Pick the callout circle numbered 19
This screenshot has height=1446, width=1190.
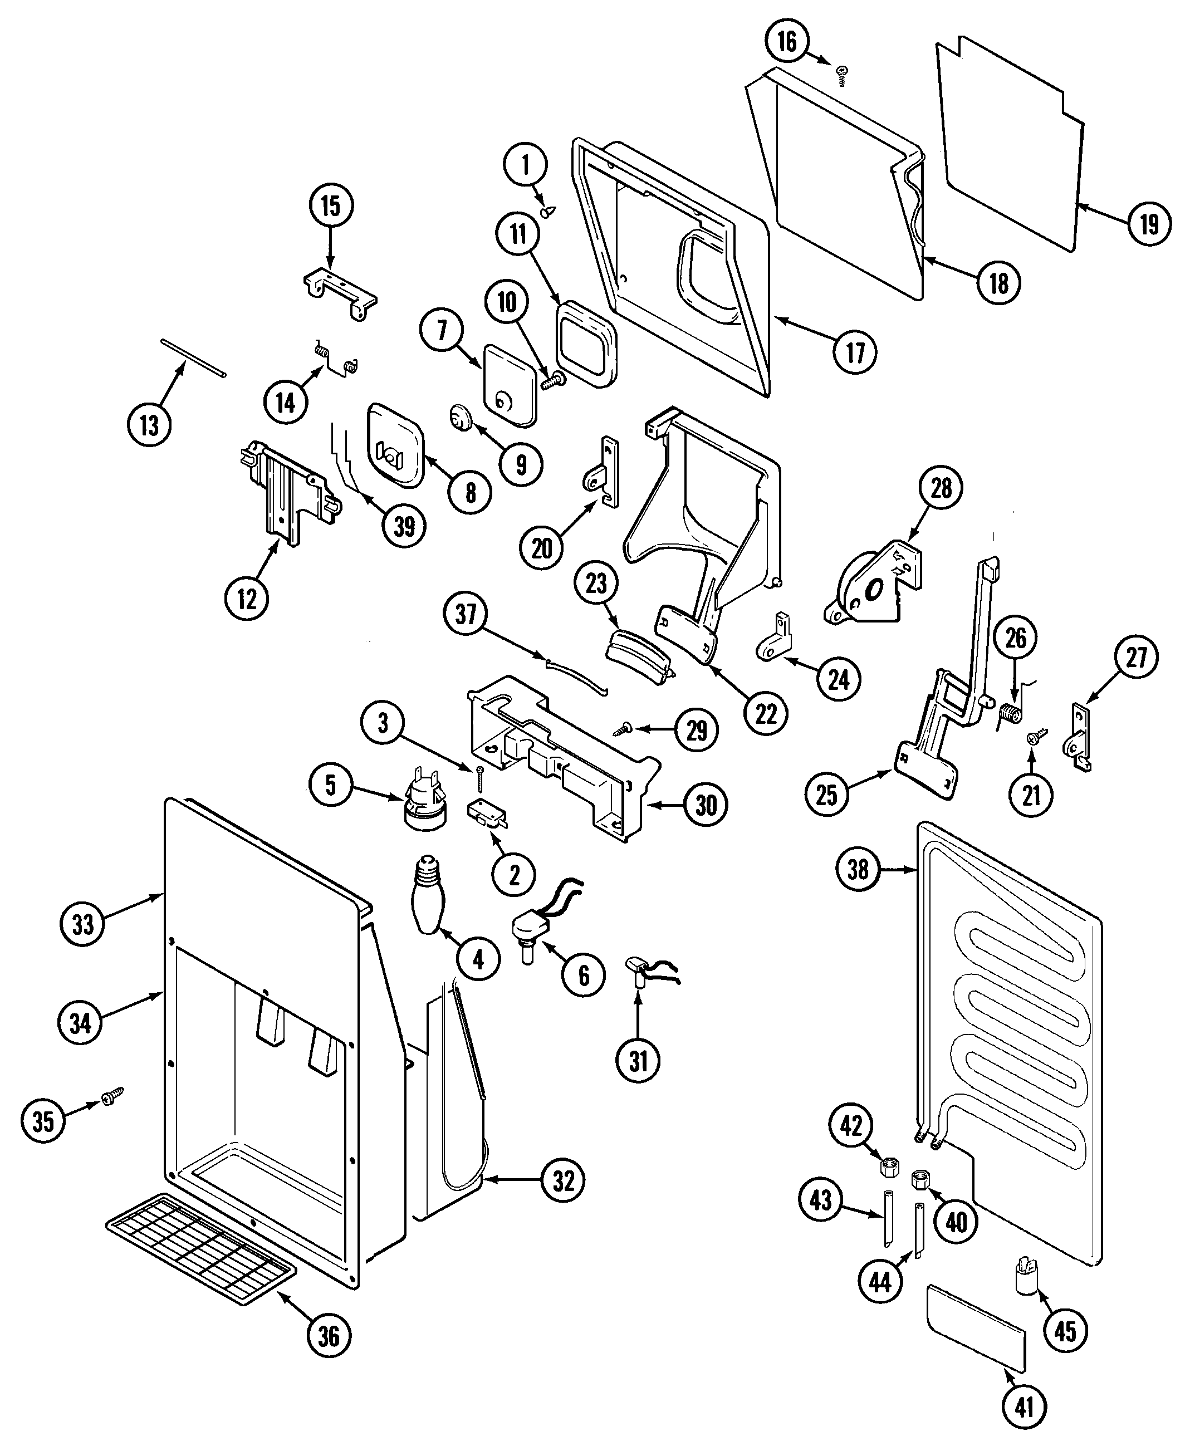click(1149, 224)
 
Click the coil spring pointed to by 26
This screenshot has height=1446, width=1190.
click(1009, 713)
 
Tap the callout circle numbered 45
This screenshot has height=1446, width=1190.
click(1065, 1331)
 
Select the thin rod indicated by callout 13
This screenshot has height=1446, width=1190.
click(193, 356)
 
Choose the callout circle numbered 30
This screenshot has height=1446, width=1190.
click(706, 805)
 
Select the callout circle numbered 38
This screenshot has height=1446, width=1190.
click(858, 870)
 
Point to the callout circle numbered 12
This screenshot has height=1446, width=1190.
click(247, 598)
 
